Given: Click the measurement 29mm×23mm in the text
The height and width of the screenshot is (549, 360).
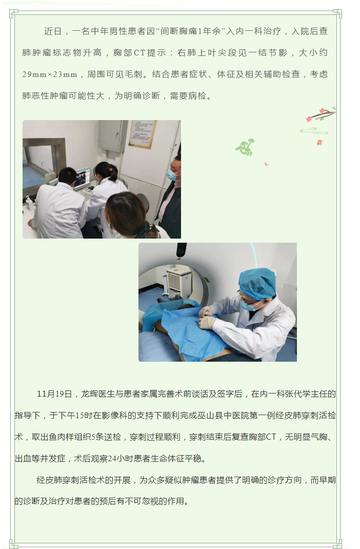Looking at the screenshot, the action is pos(50,74).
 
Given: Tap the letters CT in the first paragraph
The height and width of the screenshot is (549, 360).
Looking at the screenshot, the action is pos(139,53).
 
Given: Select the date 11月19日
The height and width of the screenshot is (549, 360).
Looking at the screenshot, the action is pos(54,394).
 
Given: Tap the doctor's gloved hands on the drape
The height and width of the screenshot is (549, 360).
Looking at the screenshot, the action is pos(207,317).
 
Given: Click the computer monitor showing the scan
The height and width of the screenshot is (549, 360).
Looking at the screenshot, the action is pos(83,179).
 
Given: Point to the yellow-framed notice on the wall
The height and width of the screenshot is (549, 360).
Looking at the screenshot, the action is pos(143,134).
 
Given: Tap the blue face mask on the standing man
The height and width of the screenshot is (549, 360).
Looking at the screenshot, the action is pos(172,175).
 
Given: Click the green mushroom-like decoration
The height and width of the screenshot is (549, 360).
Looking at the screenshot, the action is pos(245,147).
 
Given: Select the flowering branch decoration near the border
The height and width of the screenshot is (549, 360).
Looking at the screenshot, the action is pos(321,114).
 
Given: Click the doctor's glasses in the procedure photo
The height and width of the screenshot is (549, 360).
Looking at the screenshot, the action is pos(249,299).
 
